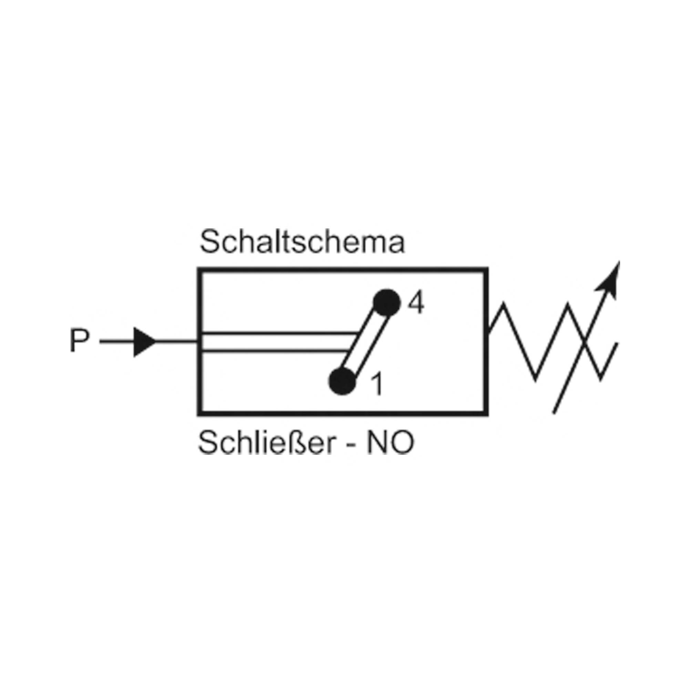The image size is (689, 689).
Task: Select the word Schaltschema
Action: [302, 242]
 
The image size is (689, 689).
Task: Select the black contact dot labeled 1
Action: [342, 382]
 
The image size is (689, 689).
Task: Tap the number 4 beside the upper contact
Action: [415, 304]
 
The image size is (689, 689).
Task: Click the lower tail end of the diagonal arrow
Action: [554, 413]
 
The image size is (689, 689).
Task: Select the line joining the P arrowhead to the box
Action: [177, 342]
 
